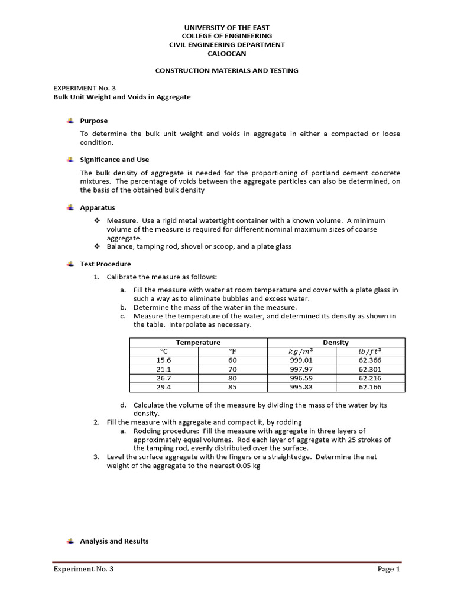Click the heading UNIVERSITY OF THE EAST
[226, 28]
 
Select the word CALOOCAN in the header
[226, 53]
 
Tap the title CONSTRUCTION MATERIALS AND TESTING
[226, 70]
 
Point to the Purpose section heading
[94, 121]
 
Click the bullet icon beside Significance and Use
[70, 160]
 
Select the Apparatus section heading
[98, 208]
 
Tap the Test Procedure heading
[105, 264]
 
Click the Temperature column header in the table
[198, 343]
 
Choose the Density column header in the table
[336, 343]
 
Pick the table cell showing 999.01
[301, 360]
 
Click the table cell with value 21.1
[164, 369]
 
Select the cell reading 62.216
[370, 378]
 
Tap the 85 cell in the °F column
[232, 388]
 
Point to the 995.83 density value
[301, 388]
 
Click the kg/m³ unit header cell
[301, 351]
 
